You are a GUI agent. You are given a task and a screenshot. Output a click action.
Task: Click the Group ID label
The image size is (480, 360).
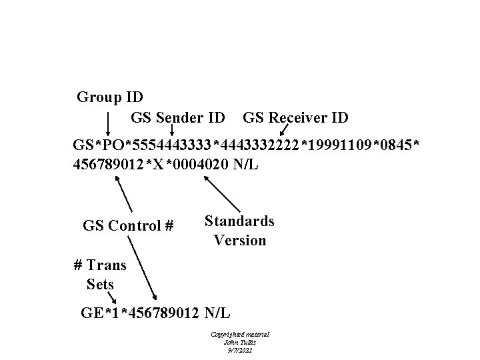(110, 97)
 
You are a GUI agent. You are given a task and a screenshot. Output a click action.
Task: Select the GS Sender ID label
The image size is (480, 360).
(177, 119)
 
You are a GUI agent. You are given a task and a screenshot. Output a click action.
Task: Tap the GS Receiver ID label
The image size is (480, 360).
(295, 119)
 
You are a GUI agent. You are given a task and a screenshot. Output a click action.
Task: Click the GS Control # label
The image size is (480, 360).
(128, 225)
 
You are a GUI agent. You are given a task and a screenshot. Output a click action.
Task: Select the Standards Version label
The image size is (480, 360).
(239, 230)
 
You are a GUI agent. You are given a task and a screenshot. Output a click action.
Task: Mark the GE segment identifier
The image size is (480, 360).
(91, 311)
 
